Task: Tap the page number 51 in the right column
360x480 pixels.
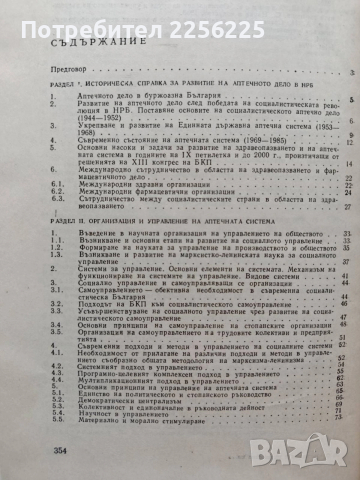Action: [x=340, y=360]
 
